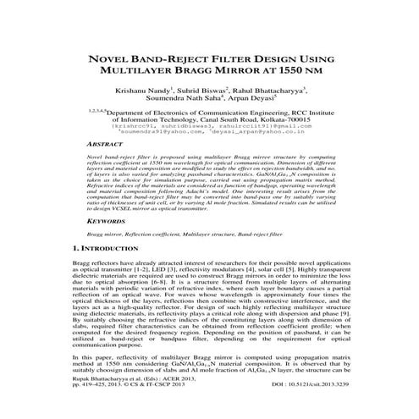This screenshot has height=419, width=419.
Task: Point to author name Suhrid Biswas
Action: (201, 91)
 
